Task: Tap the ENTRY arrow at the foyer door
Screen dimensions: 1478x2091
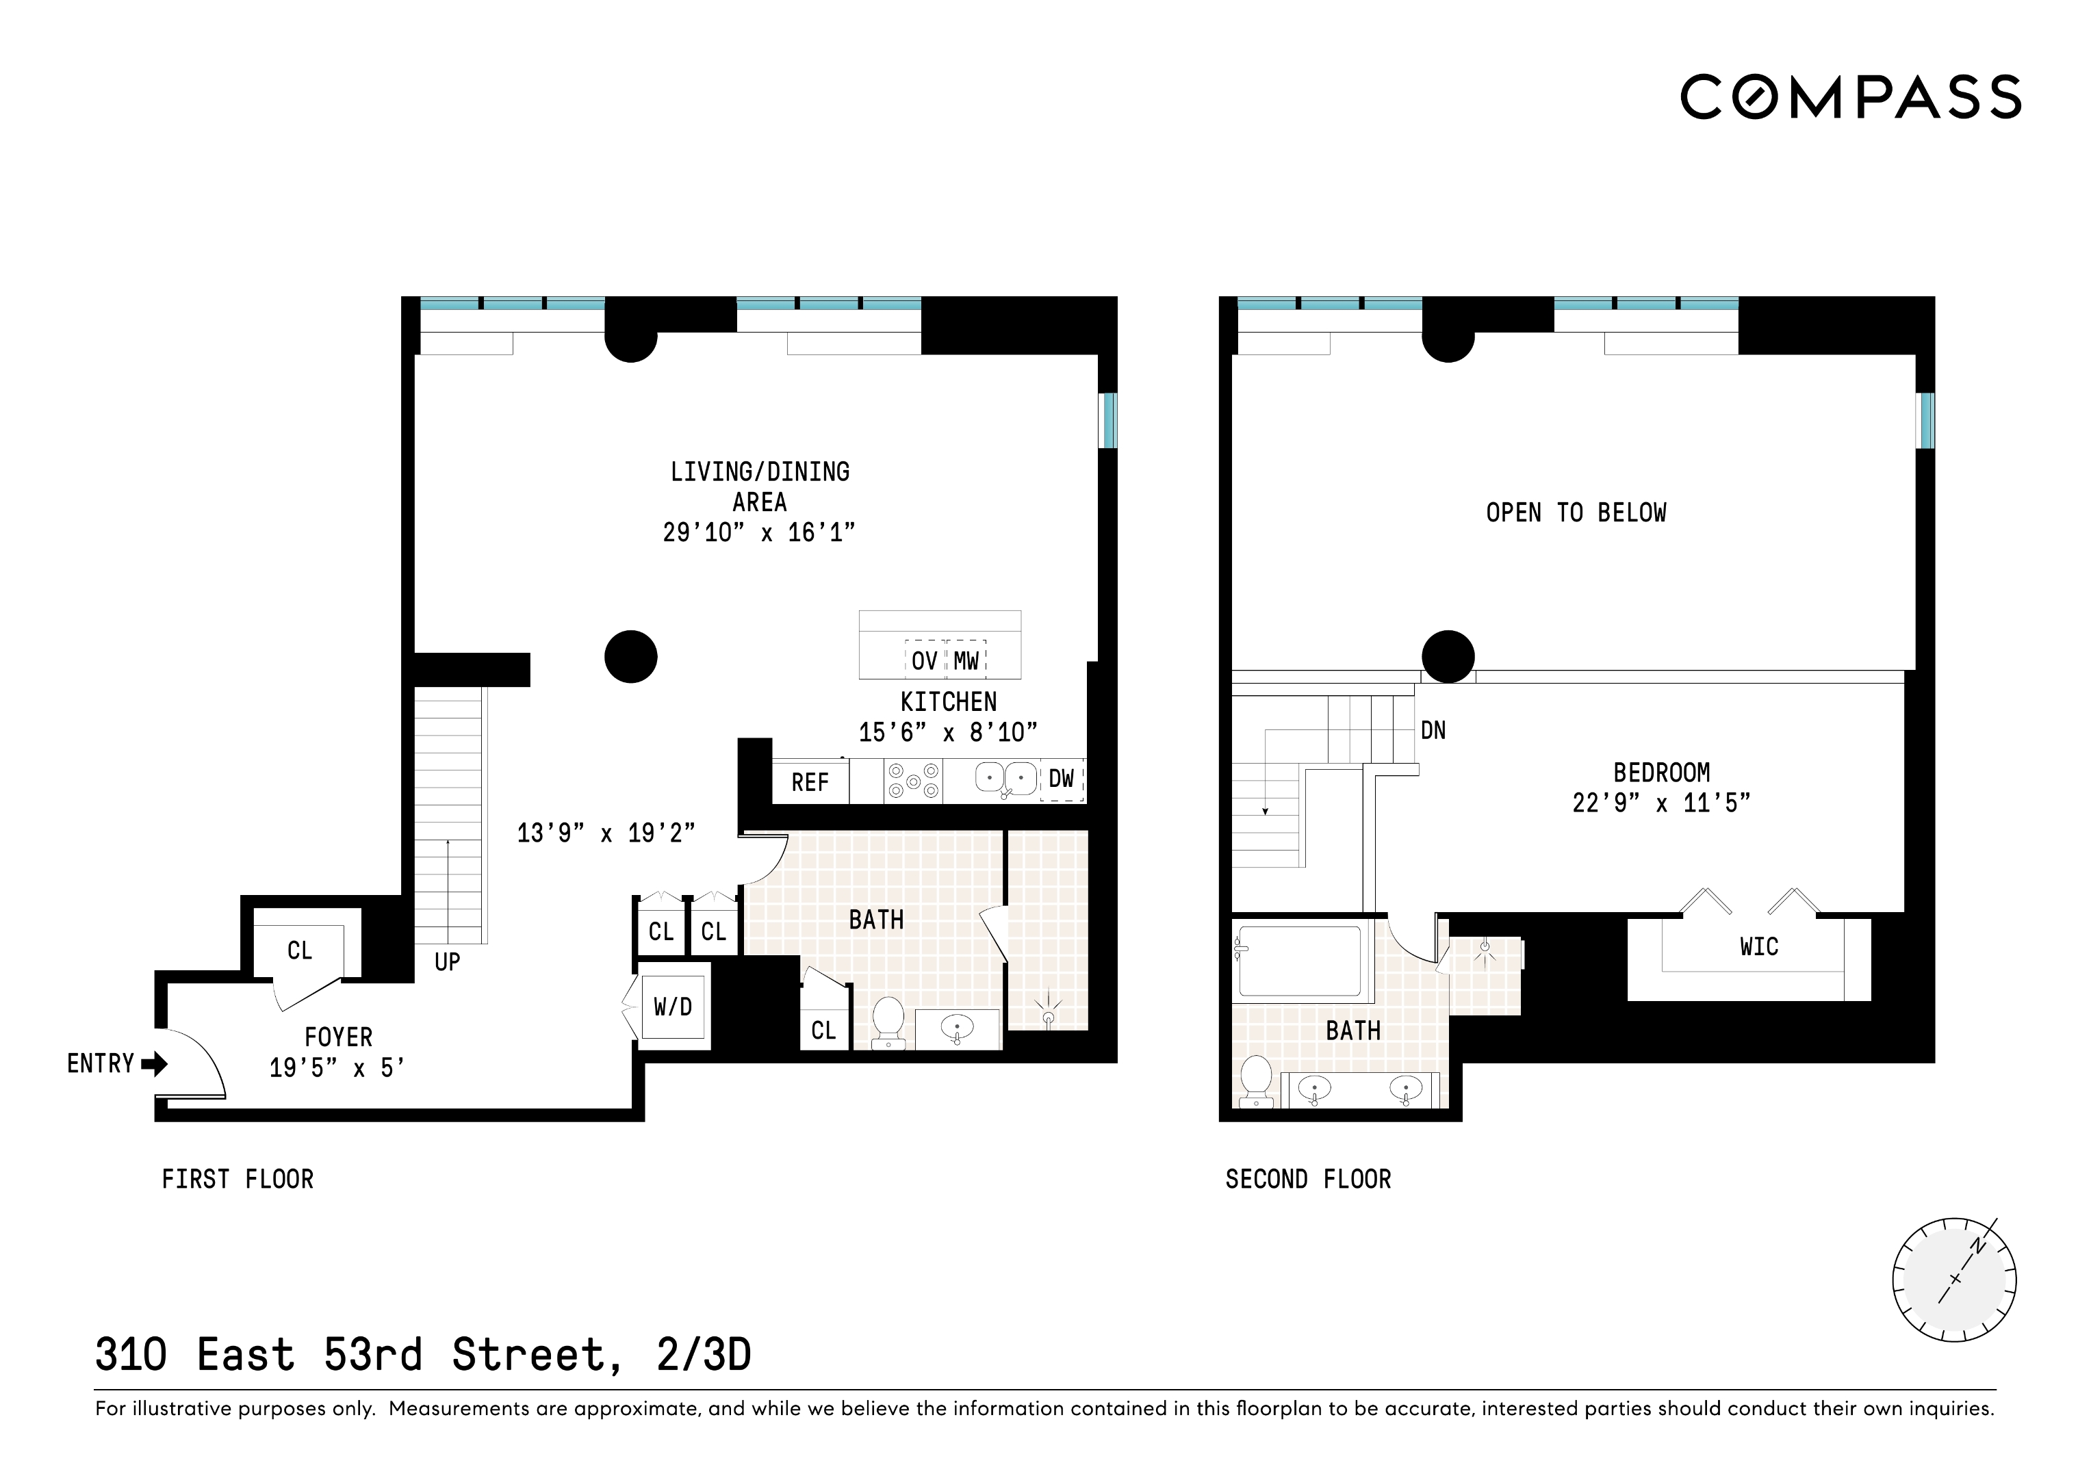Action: [154, 1063]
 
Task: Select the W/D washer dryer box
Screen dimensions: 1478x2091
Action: [673, 1007]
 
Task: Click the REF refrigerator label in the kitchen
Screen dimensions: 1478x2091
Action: [810, 782]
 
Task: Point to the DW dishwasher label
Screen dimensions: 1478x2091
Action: [1061, 779]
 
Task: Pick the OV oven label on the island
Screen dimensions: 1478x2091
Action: [925, 661]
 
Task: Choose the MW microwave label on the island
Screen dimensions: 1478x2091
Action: [966, 661]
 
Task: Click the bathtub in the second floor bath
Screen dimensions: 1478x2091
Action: [1298, 960]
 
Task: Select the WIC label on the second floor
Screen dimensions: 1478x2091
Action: [1758, 947]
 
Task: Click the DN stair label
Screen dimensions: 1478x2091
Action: [1433, 730]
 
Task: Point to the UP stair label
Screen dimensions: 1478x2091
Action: [447, 961]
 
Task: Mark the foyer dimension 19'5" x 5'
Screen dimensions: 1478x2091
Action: [337, 1067]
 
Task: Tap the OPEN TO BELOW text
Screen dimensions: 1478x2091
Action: [1576, 513]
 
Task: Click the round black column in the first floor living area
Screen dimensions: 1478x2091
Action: [630, 657]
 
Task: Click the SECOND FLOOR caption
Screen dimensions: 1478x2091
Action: [1308, 1179]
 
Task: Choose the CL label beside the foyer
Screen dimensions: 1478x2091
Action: [300, 950]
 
